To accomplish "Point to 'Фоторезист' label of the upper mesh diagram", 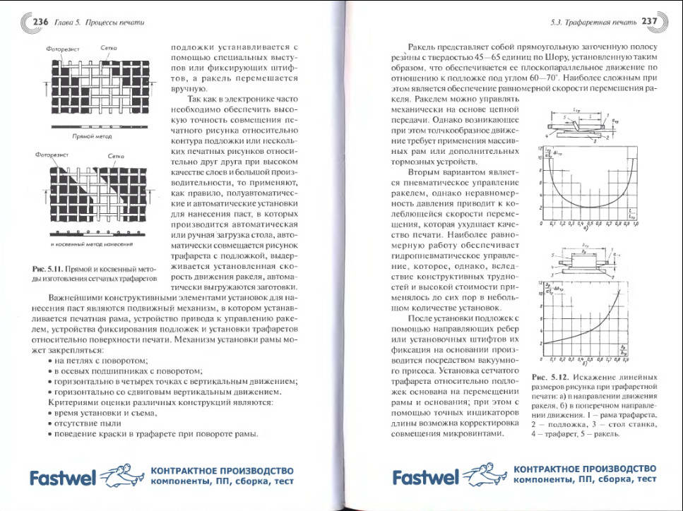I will click(61, 49).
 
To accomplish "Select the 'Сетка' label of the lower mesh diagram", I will click(116, 156).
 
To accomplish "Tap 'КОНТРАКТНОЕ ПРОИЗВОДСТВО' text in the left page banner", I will click(222, 470).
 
